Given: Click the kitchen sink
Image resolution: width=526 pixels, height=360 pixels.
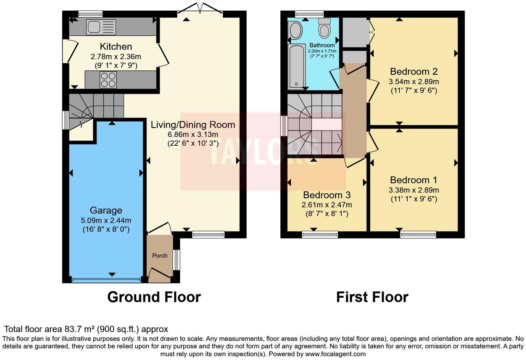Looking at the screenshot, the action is (x=101, y=27).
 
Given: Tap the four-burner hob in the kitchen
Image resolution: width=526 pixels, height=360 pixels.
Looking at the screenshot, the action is (x=108, y=80).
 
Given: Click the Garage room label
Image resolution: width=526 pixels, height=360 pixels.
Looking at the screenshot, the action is (x=106, y=210).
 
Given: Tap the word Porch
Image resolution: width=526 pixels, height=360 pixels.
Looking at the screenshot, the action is (x=160, y=255).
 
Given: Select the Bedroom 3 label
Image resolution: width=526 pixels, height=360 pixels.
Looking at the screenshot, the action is (x=327, y=195).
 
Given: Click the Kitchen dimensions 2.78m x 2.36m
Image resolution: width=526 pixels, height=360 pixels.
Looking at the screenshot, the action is (x=116, y=56).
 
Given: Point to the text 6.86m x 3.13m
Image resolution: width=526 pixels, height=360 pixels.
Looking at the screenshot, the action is (x=193, y=135).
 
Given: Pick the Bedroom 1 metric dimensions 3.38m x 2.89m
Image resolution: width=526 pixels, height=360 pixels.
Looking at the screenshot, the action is (x=414, y=190).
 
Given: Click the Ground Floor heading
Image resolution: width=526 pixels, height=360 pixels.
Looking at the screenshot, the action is (x=154, y=297).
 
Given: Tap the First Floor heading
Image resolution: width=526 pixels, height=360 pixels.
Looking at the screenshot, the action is (x=372, y=297).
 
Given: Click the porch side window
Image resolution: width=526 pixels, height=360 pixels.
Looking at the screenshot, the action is (x=176, y=260).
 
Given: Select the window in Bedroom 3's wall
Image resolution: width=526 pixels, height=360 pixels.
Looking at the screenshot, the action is (x=320, y=235).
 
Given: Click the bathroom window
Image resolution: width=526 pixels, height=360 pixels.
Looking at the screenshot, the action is (x=309, y=14).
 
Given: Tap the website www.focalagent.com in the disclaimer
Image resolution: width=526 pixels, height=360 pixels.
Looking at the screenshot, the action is (x=335, y=354).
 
